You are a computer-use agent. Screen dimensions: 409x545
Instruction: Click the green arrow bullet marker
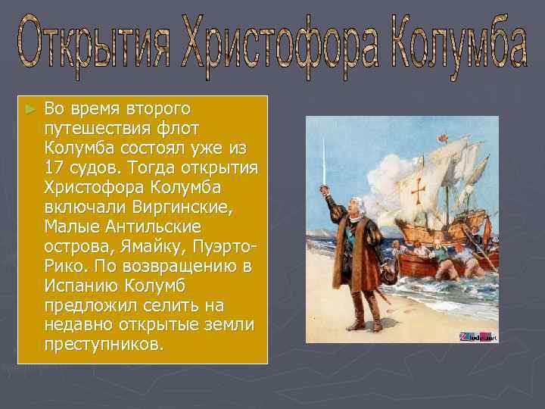pyautogui.click(x=30, y=110)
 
